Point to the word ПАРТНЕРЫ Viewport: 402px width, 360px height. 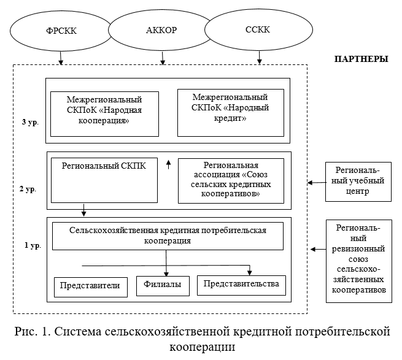[x=361, y=59]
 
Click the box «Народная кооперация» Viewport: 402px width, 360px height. [x=104, y=113]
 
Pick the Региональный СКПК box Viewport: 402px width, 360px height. [x=104, y=180]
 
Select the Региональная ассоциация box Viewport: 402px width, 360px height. [x=230, y=180]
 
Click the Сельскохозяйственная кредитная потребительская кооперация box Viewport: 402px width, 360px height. [x=168, y=236]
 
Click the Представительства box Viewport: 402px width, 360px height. [x=241, y=284]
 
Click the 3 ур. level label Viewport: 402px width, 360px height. [x=30, y=123]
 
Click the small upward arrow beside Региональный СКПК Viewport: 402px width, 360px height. [x=168, y=164]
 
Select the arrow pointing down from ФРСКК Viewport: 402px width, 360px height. [x=60, y=59]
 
